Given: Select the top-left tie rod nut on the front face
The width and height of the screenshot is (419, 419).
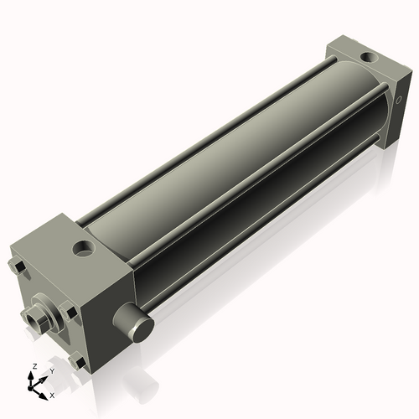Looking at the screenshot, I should [18, 267].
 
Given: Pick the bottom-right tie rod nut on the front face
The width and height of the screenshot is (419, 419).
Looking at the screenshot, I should [79, 361].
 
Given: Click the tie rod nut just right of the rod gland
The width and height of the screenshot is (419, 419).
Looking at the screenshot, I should [71, 313].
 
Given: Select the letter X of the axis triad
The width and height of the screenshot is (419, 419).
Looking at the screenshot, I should [52, 394].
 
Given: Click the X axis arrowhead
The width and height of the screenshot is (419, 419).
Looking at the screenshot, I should [44, 391].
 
